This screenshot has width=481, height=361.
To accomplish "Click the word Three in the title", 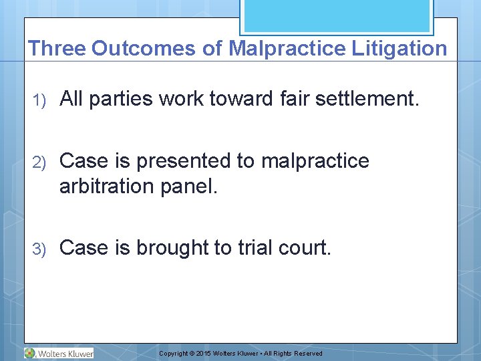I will pos(57,48).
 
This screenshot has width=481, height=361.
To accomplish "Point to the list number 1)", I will pos(39,100).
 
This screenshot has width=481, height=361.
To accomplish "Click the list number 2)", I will pos(39,162).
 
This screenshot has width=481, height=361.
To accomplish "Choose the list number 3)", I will pos(39,248).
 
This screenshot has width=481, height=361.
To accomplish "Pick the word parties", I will pos(122,99).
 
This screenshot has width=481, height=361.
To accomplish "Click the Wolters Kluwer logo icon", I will pos(30,353).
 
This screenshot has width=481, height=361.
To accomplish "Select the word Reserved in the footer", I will pos(308,354).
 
